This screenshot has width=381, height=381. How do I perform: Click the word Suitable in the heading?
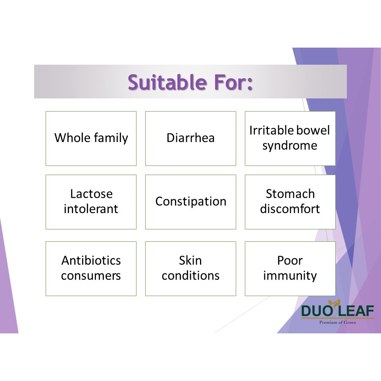(167, 82)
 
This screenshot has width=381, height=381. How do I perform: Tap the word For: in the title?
(233, 82)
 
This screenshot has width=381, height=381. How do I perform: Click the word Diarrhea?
(190, 138)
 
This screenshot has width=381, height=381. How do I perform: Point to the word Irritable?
(269, 130)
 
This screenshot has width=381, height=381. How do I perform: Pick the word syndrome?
(290, 146)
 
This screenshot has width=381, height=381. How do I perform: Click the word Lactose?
(91, 194)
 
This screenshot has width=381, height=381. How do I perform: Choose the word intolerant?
(91, 209)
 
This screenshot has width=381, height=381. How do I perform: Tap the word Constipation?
(191, 202)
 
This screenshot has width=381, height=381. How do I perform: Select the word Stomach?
(291, 194)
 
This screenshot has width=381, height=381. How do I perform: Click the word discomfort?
(290, 209)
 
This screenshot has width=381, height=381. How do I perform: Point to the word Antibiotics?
(91, 260)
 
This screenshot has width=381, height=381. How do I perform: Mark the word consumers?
(91, 276)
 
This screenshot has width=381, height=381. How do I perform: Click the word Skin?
(190, 260)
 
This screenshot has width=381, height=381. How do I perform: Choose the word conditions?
(191, 275)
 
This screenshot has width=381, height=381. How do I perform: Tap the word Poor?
(290, 260)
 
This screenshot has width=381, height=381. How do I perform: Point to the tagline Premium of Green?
(337, 322)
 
